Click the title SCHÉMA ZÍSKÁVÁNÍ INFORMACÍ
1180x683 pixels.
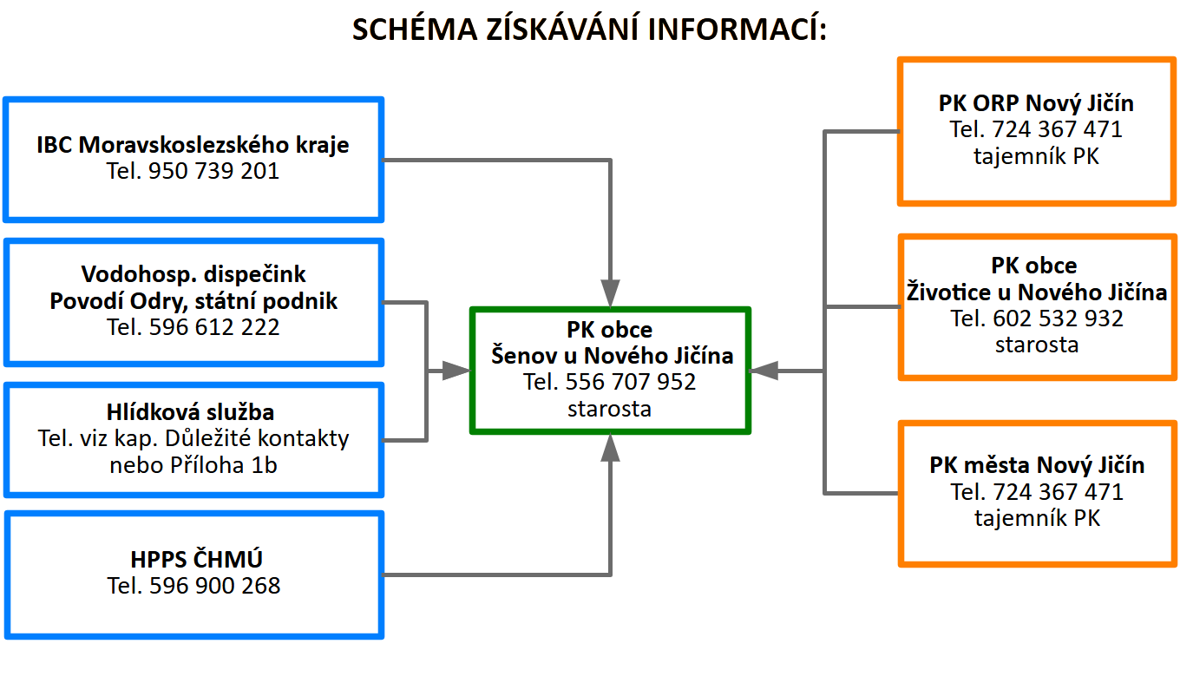pyautogui.click(x=590, y=29)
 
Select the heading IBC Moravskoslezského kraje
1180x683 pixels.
pyautogui.click(x=193, y=144)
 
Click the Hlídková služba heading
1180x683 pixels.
pyautogui.click(x=193, y=411)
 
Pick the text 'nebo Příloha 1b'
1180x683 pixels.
pyautogui.click(x=193, y=465)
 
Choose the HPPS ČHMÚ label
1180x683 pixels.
pyautogui.click(x=193, y=559)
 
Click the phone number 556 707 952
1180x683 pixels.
pyautogui.click(x=631, y=382)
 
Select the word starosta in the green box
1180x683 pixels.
pyautogui.click(x=609, y=409)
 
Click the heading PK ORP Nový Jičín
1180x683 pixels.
pyautogui.click(x=1036, y=103)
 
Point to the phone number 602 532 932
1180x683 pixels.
pyautogui.click(x=1059, y=319)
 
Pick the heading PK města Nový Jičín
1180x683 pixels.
pyautogui.click(x=1036, y=465)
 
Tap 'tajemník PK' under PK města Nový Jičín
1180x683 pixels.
pyautogui.click(x=1036, y=519)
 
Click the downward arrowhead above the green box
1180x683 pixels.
pyautogui.click(x=611, y=292)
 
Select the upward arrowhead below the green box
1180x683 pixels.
pyautogui.click(x=611, y=449)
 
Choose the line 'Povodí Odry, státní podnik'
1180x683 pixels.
pyautogui.click(x=193, y=301)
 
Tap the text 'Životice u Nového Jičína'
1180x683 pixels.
pyautogui.click(x=1036, y=292)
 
